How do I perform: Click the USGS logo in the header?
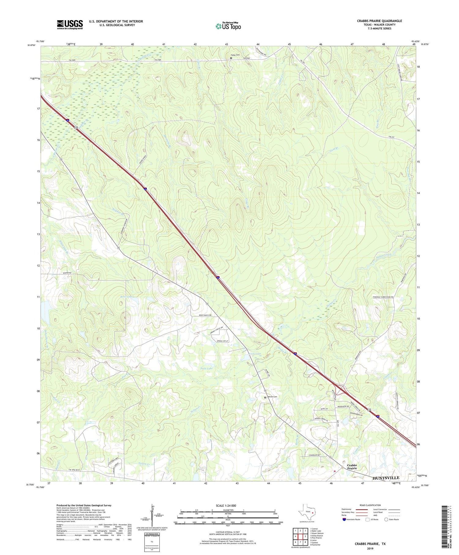pos(70,24)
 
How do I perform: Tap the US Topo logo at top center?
pos(228,26)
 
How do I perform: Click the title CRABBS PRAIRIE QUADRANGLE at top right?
pos(379,21)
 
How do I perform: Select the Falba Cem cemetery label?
pos(235,55)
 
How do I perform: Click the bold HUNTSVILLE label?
pos(386,478)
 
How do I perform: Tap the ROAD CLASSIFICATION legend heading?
pos(370,505)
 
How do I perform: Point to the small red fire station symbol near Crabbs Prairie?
pos(335,471)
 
